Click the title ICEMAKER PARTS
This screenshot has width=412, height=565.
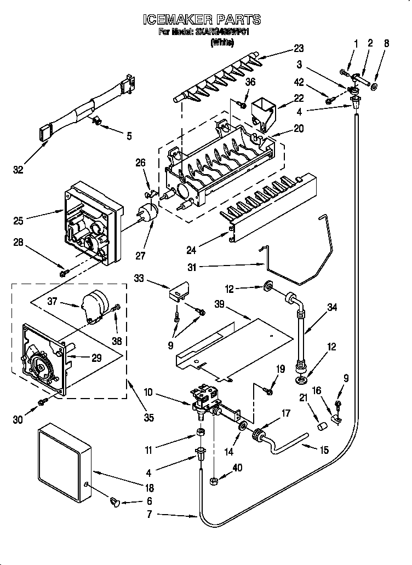pos(202,20)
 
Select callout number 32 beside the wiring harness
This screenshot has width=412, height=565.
pos(19,170)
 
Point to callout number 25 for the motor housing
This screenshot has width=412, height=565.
pos(19,221)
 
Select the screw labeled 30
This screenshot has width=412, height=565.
pos(42,403)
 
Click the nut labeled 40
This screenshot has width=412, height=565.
pos(215,482)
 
